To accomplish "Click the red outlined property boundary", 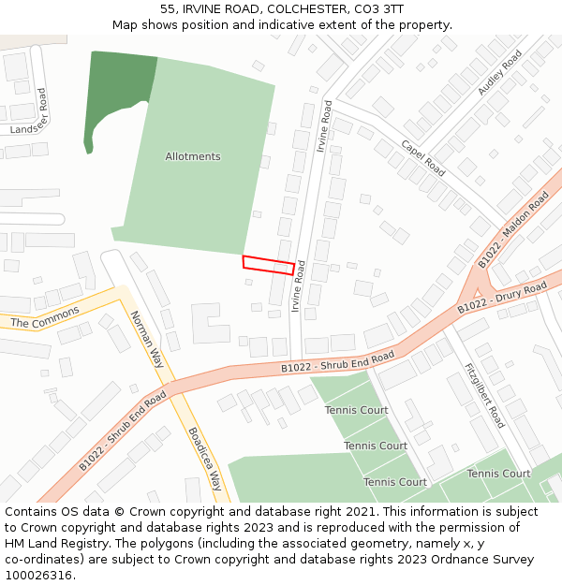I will (269, 265).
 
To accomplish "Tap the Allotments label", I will (193, 156).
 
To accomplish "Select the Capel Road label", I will (423, 158).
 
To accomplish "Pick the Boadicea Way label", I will (204, 460).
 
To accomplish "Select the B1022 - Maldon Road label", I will (513, 229).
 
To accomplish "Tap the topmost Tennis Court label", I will (356, 410).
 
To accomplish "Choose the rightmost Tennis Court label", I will (498, 474).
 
